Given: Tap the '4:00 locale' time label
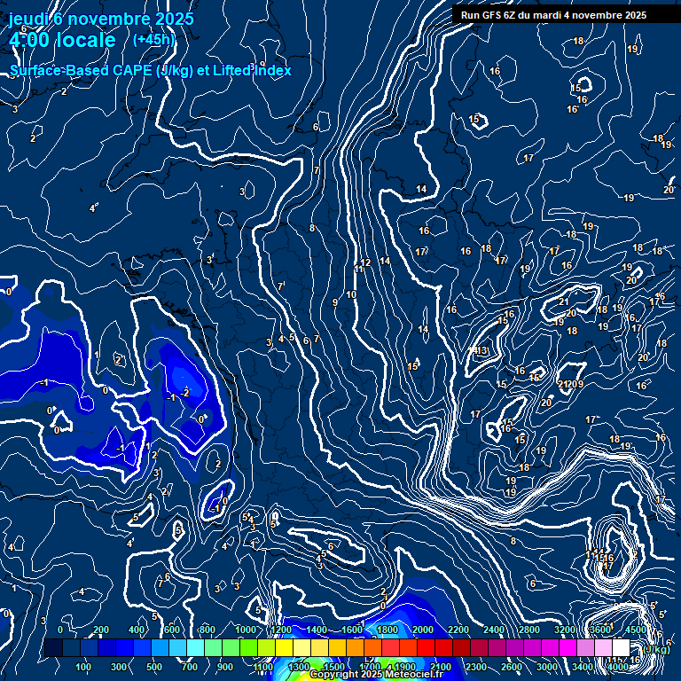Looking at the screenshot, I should point(62,41).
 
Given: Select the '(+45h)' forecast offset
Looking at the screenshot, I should point(154,40).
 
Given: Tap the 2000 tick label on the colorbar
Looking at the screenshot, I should point(423,630).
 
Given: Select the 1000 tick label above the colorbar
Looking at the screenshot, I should point(246,630).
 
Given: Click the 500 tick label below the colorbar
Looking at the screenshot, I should point(154,667).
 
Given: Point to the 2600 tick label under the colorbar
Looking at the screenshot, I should point(512,667).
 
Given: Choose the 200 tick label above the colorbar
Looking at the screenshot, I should point(101,630).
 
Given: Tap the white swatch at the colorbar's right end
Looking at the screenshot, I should point(621,647).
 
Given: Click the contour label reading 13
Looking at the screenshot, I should point(482,352).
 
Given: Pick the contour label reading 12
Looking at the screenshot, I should point(365,263).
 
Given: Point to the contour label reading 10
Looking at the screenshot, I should point(351,294).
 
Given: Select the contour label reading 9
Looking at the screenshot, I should point(334,303).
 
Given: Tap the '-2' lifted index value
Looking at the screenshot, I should point(184,392).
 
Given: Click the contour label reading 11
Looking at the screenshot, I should point(358,269).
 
